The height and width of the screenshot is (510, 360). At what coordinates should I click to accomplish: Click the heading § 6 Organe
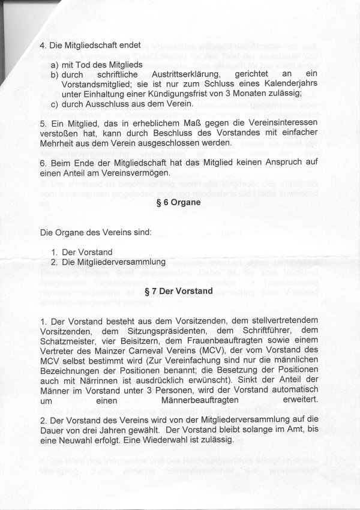click(x=179, y=203)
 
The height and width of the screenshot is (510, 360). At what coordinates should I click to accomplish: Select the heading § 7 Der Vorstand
click(x=179, y=292)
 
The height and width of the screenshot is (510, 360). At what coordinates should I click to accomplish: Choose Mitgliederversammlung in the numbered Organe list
click(x=115, y=262)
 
